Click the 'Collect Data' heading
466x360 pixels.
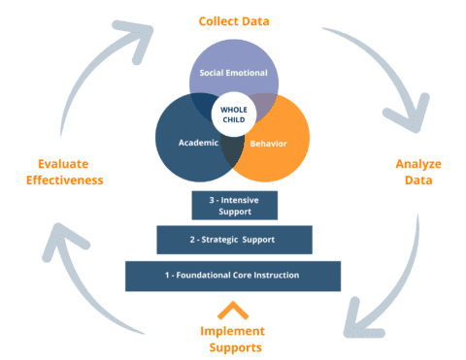[x=233, y=20]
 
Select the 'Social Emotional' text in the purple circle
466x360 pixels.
[x=233, y=74]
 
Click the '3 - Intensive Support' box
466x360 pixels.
[x=234, y=205]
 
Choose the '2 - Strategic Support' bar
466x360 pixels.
[x=234, y=240]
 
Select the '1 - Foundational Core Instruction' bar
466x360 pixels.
[x=233, y=276]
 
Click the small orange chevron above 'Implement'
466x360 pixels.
[x=233, y=310]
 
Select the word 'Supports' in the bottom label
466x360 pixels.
[x=232, y=345]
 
